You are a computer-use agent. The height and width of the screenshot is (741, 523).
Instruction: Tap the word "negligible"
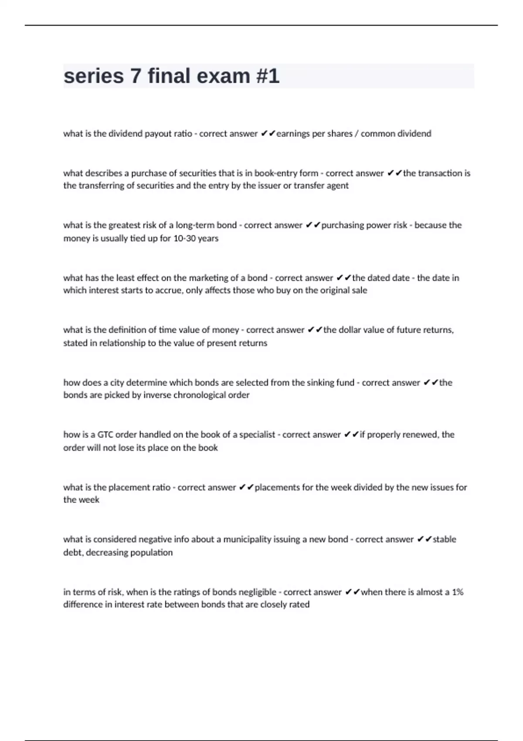click(255, 592)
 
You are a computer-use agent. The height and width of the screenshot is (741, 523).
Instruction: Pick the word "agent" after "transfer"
click(337, 186)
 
